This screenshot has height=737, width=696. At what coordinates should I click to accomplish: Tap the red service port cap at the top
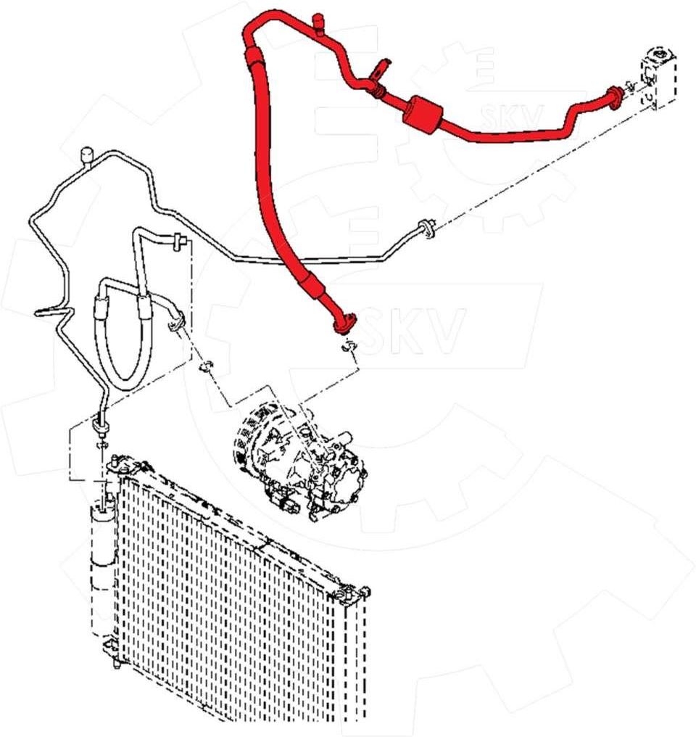tap(318, 24)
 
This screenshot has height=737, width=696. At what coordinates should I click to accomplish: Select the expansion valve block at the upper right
tap(658, 77)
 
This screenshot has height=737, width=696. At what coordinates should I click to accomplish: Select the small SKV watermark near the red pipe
tap(513, 117)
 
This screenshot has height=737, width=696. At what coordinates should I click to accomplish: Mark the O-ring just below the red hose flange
tap(349, 347)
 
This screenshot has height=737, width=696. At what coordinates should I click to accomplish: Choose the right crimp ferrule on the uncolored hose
tap(144, 306)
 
